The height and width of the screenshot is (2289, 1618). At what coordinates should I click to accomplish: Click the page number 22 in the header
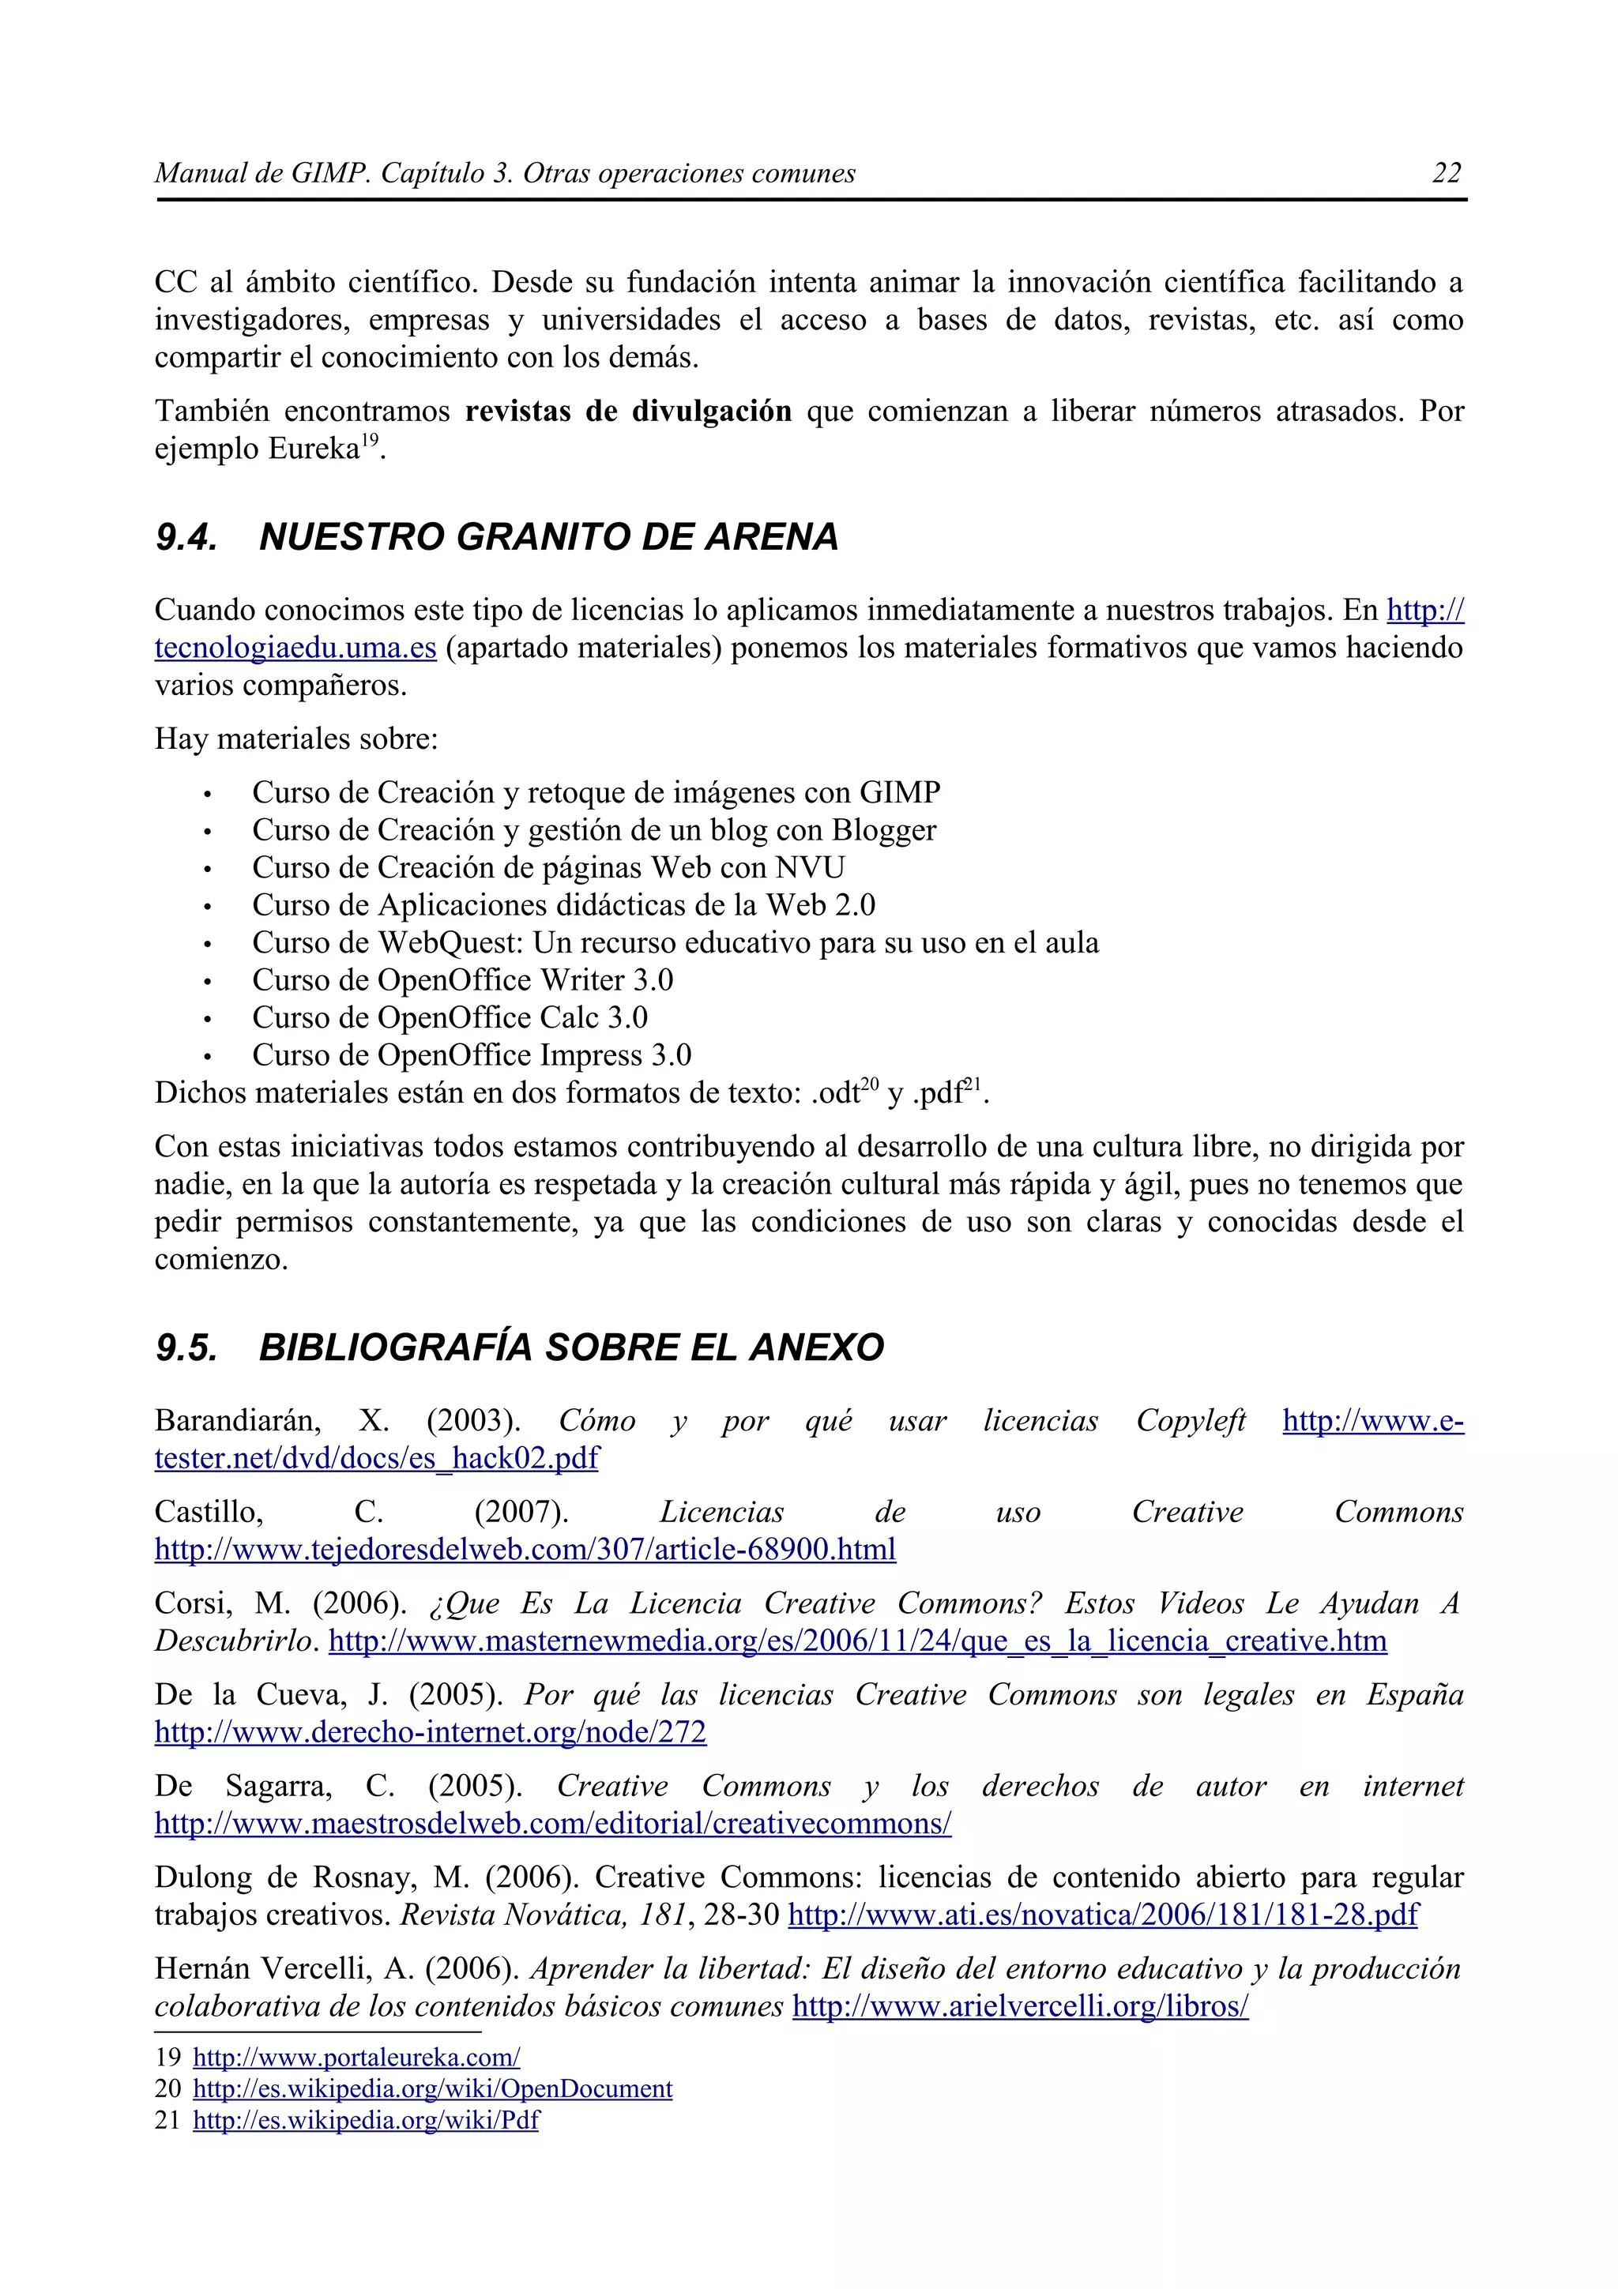[1446, 174]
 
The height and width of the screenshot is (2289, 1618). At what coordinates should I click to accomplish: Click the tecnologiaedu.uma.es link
[295, 648]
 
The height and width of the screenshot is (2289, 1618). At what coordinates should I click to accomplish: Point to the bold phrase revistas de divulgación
[628, 411]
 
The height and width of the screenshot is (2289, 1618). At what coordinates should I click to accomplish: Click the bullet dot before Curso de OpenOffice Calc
[207, 1020]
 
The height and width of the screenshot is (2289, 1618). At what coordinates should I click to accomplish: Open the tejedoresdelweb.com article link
[525, 1549]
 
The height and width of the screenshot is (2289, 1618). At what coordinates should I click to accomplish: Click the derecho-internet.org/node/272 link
[430, 1733]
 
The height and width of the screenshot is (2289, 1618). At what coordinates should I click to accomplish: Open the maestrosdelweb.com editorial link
[552, 1825]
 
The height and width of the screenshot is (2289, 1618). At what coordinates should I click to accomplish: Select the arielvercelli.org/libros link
[1020, 2007]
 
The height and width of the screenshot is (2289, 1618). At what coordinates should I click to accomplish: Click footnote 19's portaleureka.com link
[356, 2058]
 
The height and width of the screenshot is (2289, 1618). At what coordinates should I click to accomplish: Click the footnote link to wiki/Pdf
[365, 2121]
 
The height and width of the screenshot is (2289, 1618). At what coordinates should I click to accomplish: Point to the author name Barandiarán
[237, 1421]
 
